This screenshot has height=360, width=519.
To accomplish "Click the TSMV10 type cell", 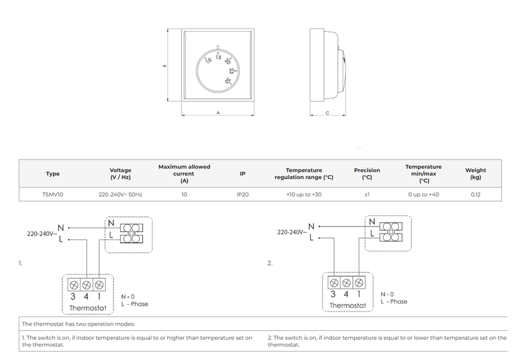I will pos(53,194).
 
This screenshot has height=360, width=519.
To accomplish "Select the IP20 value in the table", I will pos(243,194).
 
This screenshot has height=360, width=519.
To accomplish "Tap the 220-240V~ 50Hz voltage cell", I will pos(121,194).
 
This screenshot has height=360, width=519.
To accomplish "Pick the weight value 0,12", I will pos(476,194).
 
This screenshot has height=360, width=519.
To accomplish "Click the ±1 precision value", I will pos(367,194).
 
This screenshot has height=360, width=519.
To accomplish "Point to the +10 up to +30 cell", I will pos(304,194).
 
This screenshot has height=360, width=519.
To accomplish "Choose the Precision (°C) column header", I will pos(367,173).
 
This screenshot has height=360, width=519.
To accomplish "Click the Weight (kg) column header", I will pos(476,173).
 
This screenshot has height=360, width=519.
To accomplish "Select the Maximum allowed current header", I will pos(184,173).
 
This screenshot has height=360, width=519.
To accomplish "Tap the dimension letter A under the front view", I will pos(218,113).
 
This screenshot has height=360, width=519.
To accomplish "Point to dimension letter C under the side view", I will pos(327,113).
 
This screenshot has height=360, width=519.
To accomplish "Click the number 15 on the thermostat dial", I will pos(219,57).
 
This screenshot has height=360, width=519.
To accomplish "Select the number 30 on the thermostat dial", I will pos(228,81).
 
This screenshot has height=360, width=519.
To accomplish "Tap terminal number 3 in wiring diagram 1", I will pos(73,296).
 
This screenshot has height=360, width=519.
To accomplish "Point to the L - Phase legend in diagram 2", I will pos(394,302).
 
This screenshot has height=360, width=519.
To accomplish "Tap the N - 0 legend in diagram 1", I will pos(128,296).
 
